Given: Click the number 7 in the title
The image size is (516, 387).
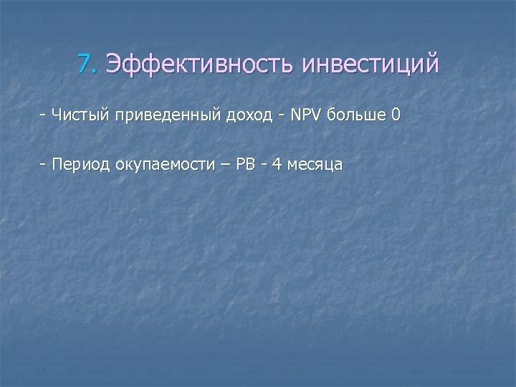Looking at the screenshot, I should [x=86, y=65].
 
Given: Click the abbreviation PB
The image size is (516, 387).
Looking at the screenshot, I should [x=245, y=165].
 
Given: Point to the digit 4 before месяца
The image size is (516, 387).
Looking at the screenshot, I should [x=277, y=165].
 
